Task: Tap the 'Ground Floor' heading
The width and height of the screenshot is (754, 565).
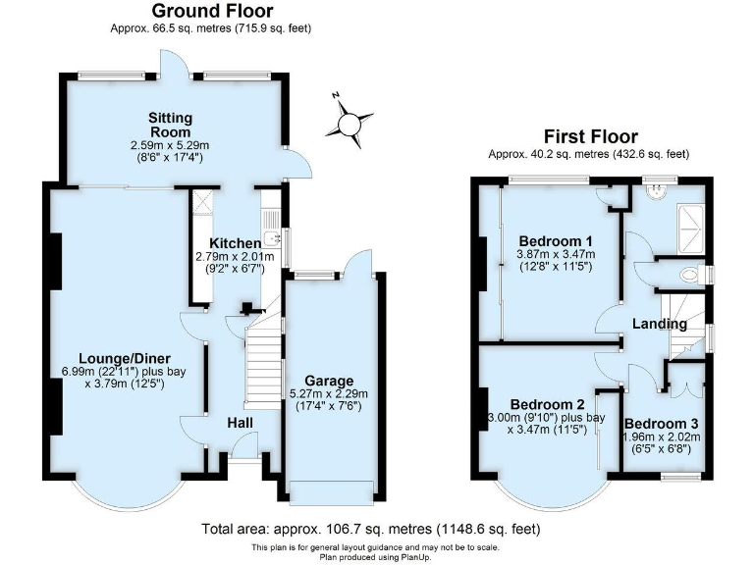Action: pos(212,12)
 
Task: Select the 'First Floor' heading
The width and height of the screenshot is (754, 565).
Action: pos(590,137)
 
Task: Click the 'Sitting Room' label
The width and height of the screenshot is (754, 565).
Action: pos(170,125)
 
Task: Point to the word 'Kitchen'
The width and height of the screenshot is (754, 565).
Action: pos(236,243)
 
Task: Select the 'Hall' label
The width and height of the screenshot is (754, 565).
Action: pos(241,422)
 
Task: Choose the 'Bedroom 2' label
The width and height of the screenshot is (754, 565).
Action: pos(547,403)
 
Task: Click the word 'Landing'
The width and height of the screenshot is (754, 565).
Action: pos(659,324)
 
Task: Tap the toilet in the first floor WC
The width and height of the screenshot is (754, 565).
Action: pos(691,274)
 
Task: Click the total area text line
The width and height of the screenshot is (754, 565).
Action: pos(371,528)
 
